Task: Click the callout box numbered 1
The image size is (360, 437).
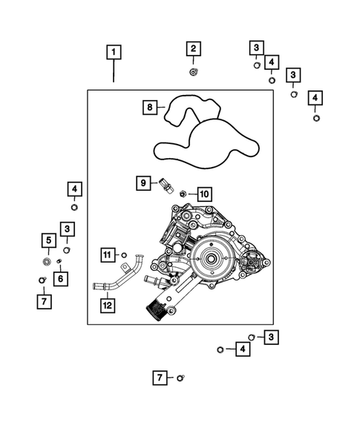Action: coord(113,52)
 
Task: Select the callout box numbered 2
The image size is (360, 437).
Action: coord(193,50)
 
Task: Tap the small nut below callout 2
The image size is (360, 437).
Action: coord(193,72)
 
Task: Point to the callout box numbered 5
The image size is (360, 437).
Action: coord(48,240)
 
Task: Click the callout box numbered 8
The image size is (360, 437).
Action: coord(151,108)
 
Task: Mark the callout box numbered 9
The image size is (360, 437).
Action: coord(144,182)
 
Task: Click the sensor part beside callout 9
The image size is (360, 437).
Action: coord(166,186)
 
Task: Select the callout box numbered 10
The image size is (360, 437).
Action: coord(204,194)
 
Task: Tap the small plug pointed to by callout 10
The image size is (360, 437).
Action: coord(183,194)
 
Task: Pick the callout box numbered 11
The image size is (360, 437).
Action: coord(108,255)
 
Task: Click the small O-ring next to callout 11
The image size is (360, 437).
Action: coord(124,255)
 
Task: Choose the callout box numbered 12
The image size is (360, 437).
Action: coord(108,304)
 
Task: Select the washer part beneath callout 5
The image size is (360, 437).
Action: coord(47,260)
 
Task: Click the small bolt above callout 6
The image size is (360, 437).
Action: coord(59,260)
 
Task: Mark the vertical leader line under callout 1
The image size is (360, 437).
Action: coord(113,72)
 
